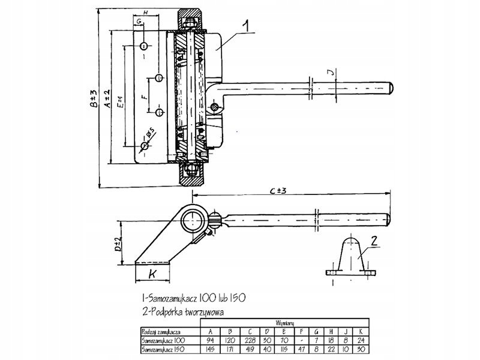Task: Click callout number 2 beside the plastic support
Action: (373, 242)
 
